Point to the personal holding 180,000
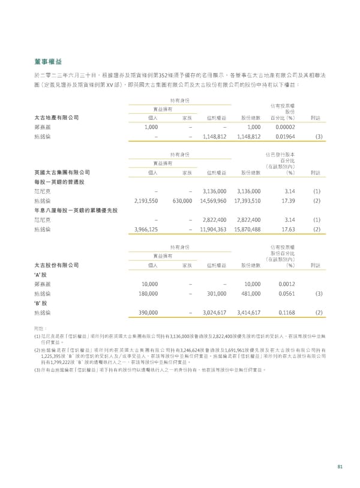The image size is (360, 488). (x=148, y=293)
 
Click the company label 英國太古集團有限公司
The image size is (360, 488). (x=63, y=172)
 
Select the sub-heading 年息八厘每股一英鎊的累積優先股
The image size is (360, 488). (x=76, y=210)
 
